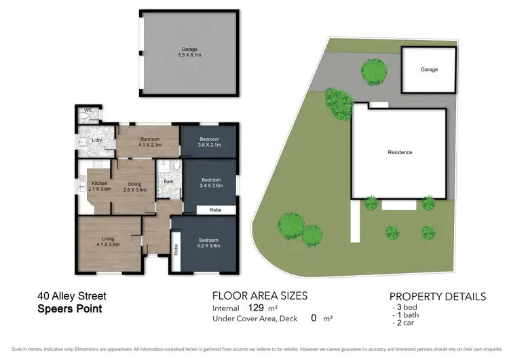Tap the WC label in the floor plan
pos(88,110)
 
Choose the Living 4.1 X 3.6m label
pos(107,241)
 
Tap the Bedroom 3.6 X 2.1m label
pos(210,141)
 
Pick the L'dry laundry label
pos(97,141)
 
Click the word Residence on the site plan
pos(400,152)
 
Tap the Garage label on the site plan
pos(428,69)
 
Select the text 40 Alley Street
pos(71,296)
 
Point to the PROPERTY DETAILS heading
pos(437,297)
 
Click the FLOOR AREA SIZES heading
pos(260,295)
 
